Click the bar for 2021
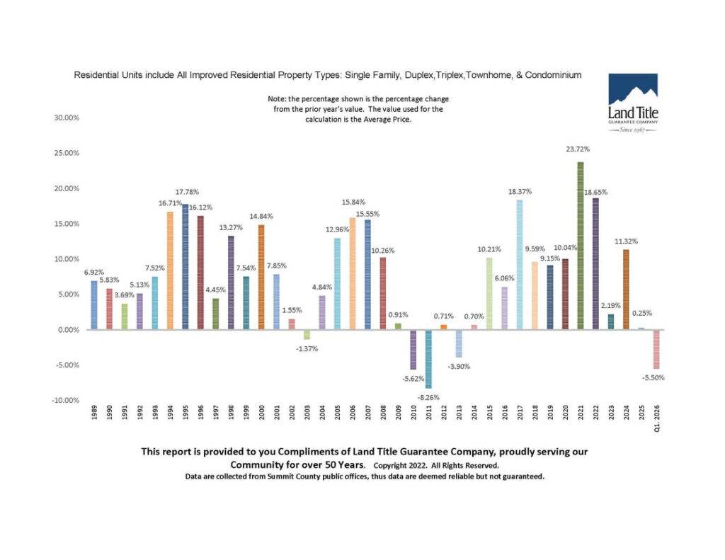coord(581,246)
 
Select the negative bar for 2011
coord(428,359)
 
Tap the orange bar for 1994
coord(170,270)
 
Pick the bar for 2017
coord(520,265)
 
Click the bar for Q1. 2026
coord(656,349)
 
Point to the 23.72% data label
coord(581,149)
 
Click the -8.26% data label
coord(428,398)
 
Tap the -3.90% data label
coord(459,367)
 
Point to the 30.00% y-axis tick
coord(67,118)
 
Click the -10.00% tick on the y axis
coord(65,401)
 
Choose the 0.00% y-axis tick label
coord(68,330)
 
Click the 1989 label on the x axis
coord(94,414)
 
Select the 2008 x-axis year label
coord(383,414)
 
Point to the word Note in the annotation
coord(276,99)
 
